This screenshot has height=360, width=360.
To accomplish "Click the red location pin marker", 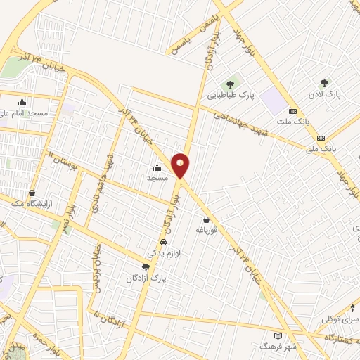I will click(181, 165).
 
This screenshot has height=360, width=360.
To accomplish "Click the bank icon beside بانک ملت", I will click(292, 111).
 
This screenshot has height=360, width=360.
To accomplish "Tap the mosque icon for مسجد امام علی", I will click(22, 101).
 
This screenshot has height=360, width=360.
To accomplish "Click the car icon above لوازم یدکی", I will click(163, 242).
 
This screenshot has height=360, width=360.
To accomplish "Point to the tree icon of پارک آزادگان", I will click(146, 267).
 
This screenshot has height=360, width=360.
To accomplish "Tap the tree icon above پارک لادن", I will click(324, 83).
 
